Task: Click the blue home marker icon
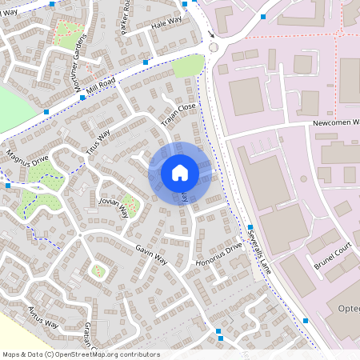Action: point(180,172)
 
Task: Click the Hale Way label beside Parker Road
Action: point(165,23)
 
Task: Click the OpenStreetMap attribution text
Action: point(81,354)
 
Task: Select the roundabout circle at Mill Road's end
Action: point(213,48)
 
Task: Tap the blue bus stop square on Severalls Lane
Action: point(250,228)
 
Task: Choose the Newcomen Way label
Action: point(335,124)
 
